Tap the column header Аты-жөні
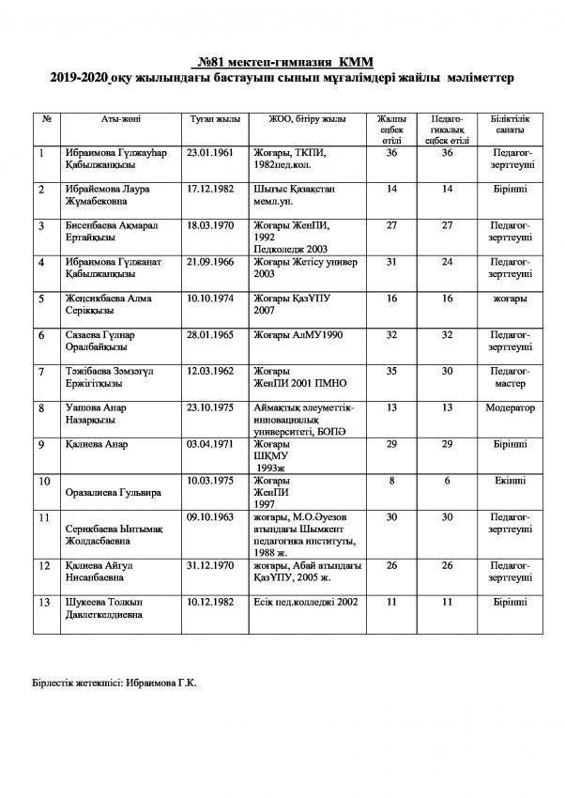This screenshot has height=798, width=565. [121, 120]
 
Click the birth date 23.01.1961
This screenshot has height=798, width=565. [210, 151]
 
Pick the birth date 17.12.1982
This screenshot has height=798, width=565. [210, 188]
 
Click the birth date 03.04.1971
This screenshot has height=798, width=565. [210, 444]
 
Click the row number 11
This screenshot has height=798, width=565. [43, 517]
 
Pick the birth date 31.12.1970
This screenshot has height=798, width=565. [210, 565]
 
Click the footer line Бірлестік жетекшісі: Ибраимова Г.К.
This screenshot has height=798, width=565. [113, 684]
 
